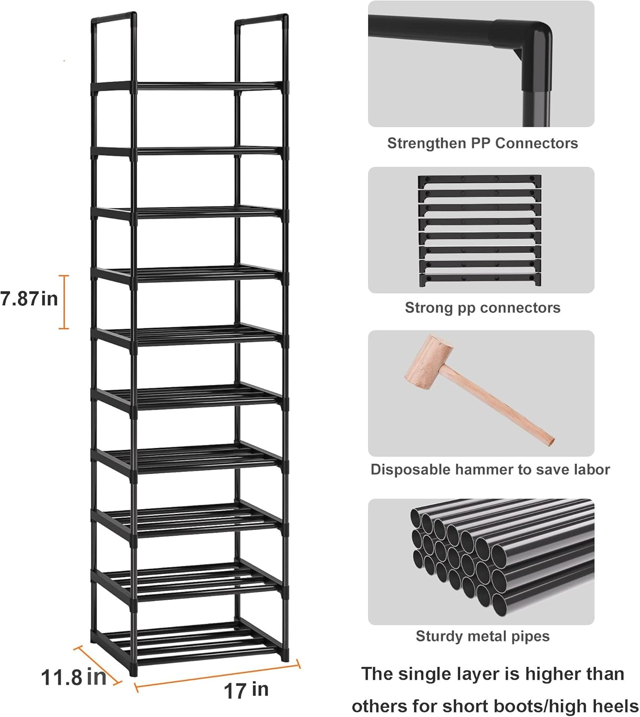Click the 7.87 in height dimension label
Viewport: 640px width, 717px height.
point(29,299)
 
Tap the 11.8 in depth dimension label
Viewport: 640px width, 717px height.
point(73,677)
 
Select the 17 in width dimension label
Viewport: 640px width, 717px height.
point(246,690)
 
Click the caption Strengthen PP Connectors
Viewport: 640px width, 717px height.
point(482,143)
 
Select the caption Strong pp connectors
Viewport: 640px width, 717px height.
point(482,308)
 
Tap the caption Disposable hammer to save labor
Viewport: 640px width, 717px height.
point(490,469)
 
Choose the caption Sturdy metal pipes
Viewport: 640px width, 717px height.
point(482,636)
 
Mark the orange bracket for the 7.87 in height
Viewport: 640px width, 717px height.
point(64,302)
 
